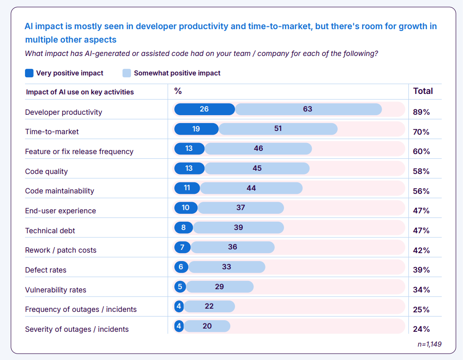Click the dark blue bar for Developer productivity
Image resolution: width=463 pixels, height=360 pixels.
click(x=204, y=109)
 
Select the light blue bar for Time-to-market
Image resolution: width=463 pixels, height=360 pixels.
click(x=278, y=129)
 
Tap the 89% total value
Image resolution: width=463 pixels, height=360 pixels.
click(x=421, y=112)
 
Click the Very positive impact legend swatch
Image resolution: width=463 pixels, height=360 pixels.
click(x=29, y=73)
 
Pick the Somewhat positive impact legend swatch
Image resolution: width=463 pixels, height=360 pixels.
click(x=127, y=73)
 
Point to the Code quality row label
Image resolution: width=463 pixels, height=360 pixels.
click(x=46, y=171)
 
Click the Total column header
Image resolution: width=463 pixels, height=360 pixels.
click(x=423, y=91)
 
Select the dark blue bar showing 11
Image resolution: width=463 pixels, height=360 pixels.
click(x=187, y=188)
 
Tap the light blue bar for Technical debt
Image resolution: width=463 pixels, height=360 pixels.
click(x=238, y=228)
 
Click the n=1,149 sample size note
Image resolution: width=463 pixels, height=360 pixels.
click(x=430, y=344)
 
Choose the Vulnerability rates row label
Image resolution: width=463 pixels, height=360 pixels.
click(x=56, y=290)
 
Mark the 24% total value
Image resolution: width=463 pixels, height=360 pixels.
click(x=421, y=329)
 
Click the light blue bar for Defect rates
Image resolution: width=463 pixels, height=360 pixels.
click(x=227, y=267)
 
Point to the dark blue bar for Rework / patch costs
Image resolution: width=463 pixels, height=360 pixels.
click(x=182, y=247)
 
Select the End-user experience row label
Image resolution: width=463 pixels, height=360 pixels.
click(x=60, y=211)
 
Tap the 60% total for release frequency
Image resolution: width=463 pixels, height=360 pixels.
click(x=421, y=151)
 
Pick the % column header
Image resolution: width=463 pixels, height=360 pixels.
click(x=178, y=91)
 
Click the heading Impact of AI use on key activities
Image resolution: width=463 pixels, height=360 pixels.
click(x=80, y=92)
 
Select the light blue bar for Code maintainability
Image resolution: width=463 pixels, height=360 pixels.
click(x=251, y=188)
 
